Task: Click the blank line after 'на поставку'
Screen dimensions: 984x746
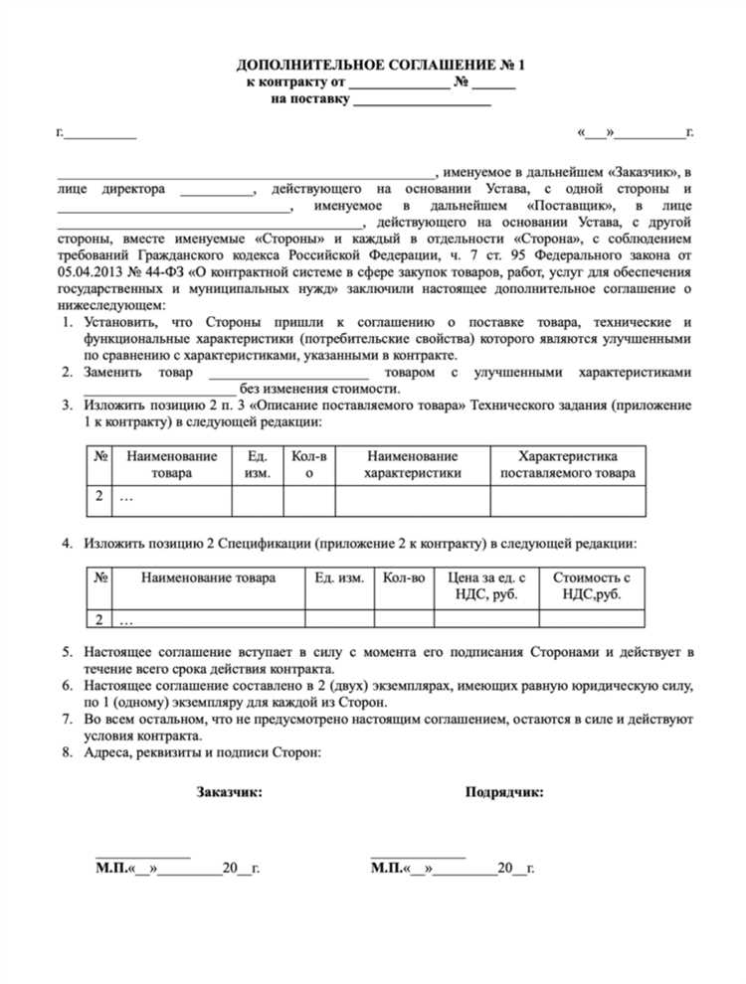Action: click(422, 101)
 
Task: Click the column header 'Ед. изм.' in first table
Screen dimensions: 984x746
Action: click(257, 464)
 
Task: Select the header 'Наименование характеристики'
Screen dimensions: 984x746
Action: click(412, 464)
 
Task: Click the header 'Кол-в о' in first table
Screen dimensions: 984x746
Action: click(309, 464)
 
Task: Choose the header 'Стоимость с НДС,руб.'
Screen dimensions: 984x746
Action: click(592, 584)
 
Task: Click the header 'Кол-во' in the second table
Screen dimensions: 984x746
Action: click(404, 576)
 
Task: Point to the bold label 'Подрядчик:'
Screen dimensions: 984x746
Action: click(504, 792)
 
